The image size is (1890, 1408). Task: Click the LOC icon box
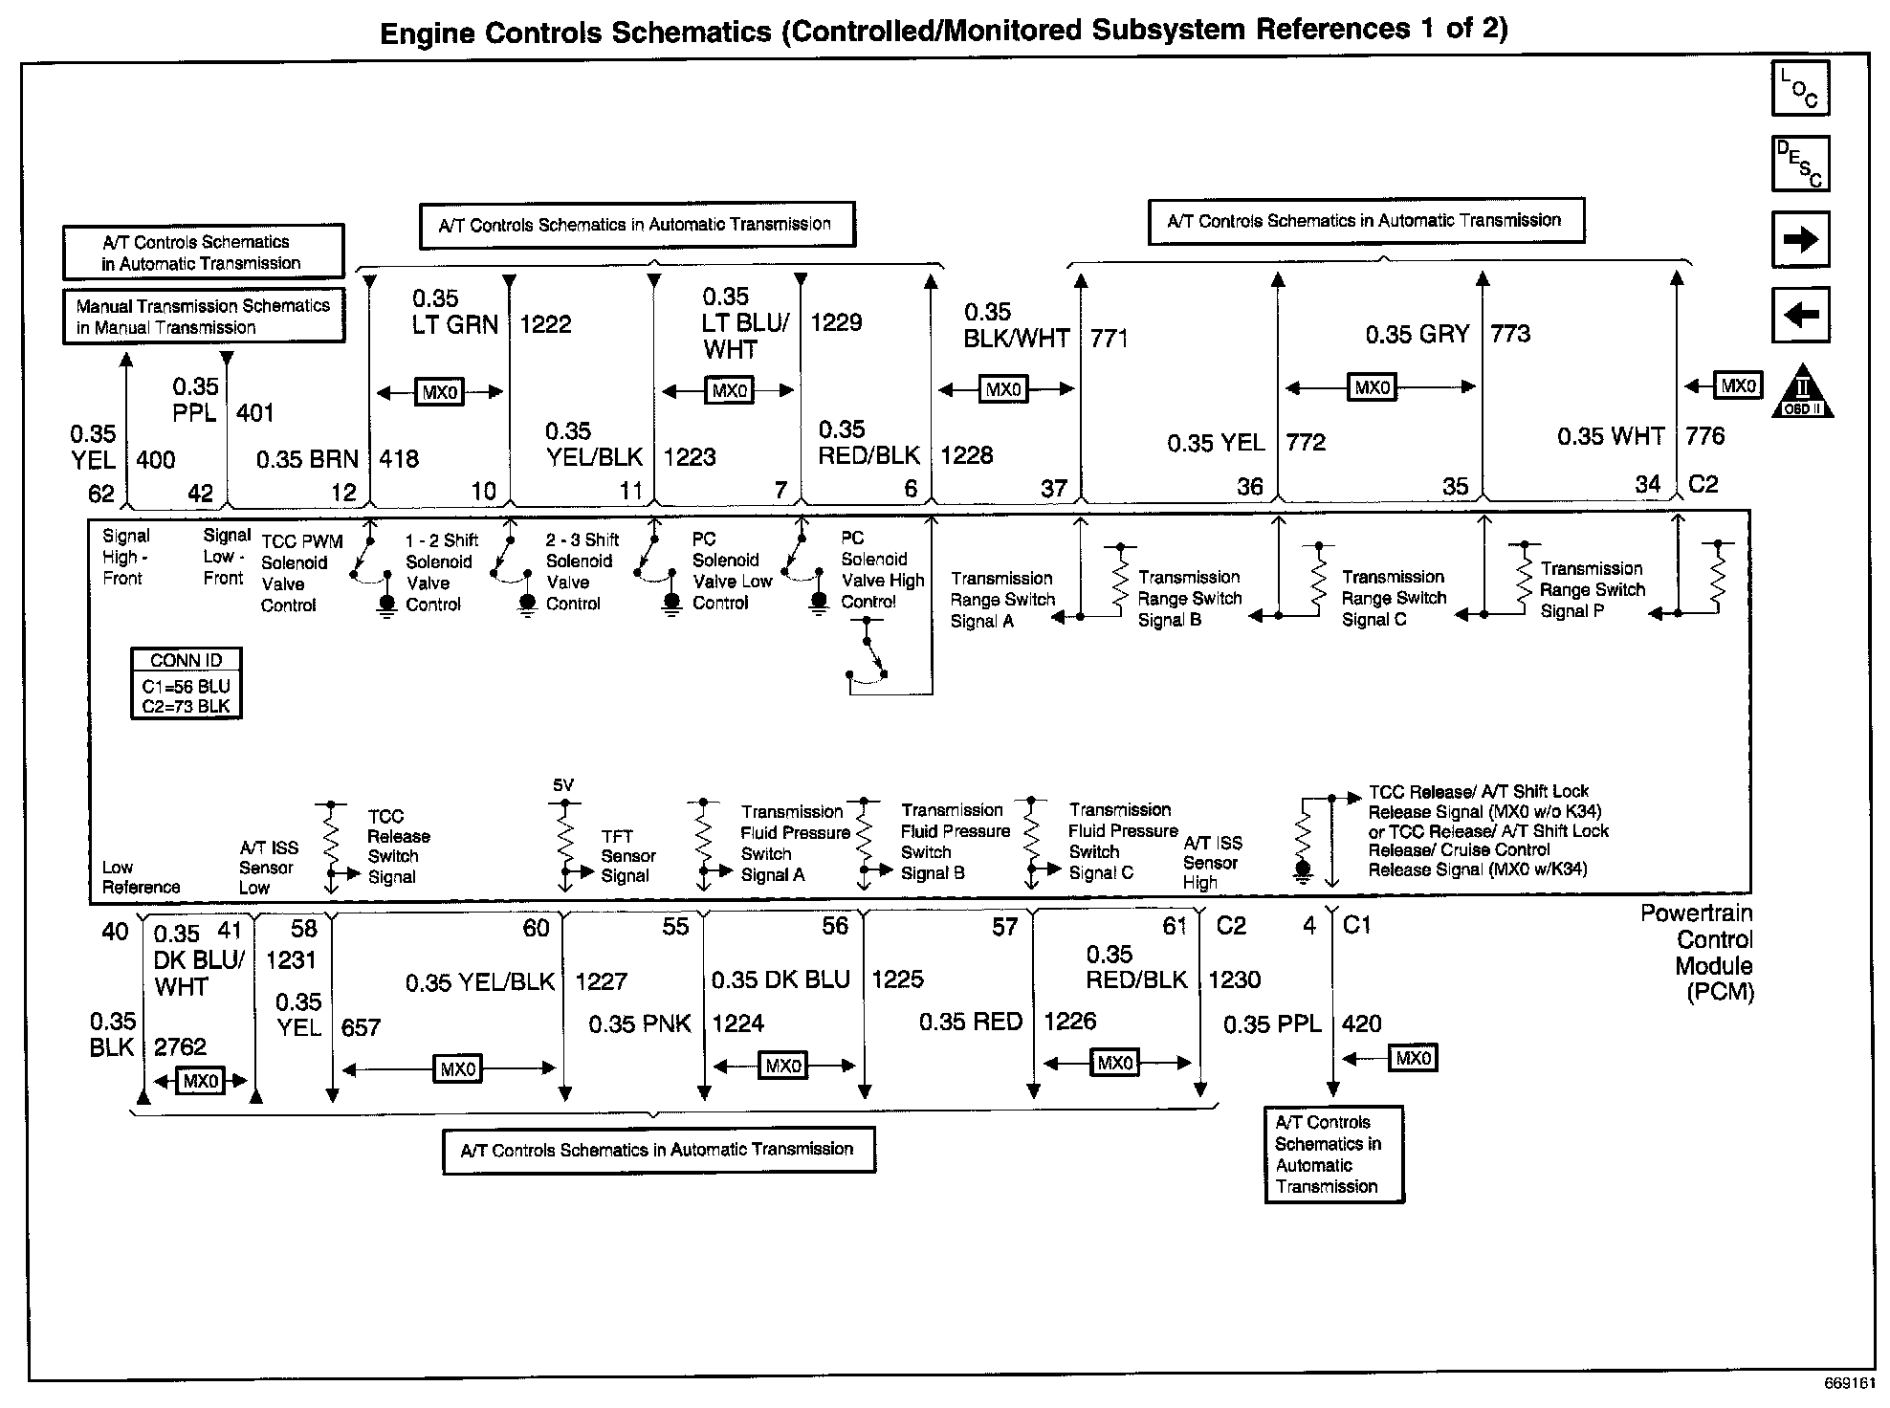tap(1800, 88)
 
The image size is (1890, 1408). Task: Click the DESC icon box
tap(1800, 164)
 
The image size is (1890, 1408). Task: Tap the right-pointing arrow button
tap(1800, 239)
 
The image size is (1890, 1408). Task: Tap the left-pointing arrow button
tap(1800, 315)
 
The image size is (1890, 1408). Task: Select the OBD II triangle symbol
tap(1803, 391)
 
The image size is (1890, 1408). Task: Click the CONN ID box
tap(187, 683)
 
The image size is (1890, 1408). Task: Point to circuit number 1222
tap(545, 324)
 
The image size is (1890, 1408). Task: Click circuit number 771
tap(1110, 339)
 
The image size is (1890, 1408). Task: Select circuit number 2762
tap(180, 1046)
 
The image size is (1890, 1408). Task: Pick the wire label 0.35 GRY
tap(1417, 334)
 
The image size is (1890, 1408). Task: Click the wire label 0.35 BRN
tap(307, 459)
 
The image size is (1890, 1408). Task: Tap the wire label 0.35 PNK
tap(639, 1024)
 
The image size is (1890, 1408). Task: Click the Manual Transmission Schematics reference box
tap(203, 317)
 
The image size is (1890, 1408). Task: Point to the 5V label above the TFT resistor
tap(563, 785)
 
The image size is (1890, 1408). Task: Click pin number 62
tap(100, 494)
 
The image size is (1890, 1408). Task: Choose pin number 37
tap(1053, 489)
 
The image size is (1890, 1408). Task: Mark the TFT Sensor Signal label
tap(627, 856)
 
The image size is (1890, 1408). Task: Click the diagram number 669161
tap(1849, 1384)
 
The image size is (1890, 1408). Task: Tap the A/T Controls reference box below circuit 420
tap(1333, 1155)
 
